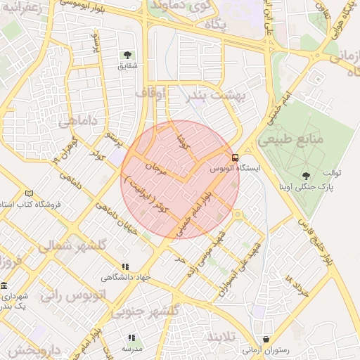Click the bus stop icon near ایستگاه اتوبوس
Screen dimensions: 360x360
pos(235,157)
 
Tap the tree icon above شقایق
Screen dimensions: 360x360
pos(127,55)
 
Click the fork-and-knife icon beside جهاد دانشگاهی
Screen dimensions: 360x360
pos(125,266)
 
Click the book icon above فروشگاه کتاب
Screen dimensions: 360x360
pos(29,193)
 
